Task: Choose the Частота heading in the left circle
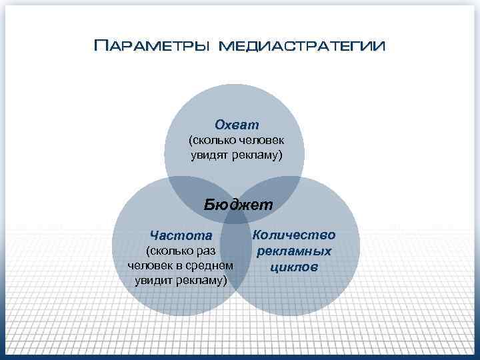coord(181,235)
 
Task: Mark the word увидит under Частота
coord(153,279)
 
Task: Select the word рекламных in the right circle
coord(294,252)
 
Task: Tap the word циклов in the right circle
coord(294,268)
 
